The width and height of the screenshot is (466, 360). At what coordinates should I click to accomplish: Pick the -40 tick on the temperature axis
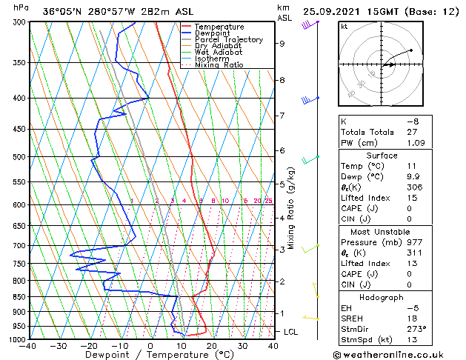[x=28, y=346]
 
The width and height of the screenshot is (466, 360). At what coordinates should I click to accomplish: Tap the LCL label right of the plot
[x=290, y=332]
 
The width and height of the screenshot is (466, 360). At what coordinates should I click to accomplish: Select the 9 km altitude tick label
[x=282, y=44]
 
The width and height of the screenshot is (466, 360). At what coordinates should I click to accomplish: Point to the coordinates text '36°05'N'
[x=62, y=11]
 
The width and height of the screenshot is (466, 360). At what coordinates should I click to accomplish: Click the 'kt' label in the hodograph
[x=344, y=27]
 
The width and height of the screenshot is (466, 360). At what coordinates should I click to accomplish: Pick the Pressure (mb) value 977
[x=412, y=242]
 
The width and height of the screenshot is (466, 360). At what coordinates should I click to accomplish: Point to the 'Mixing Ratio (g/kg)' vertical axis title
[x=291, y=207]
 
